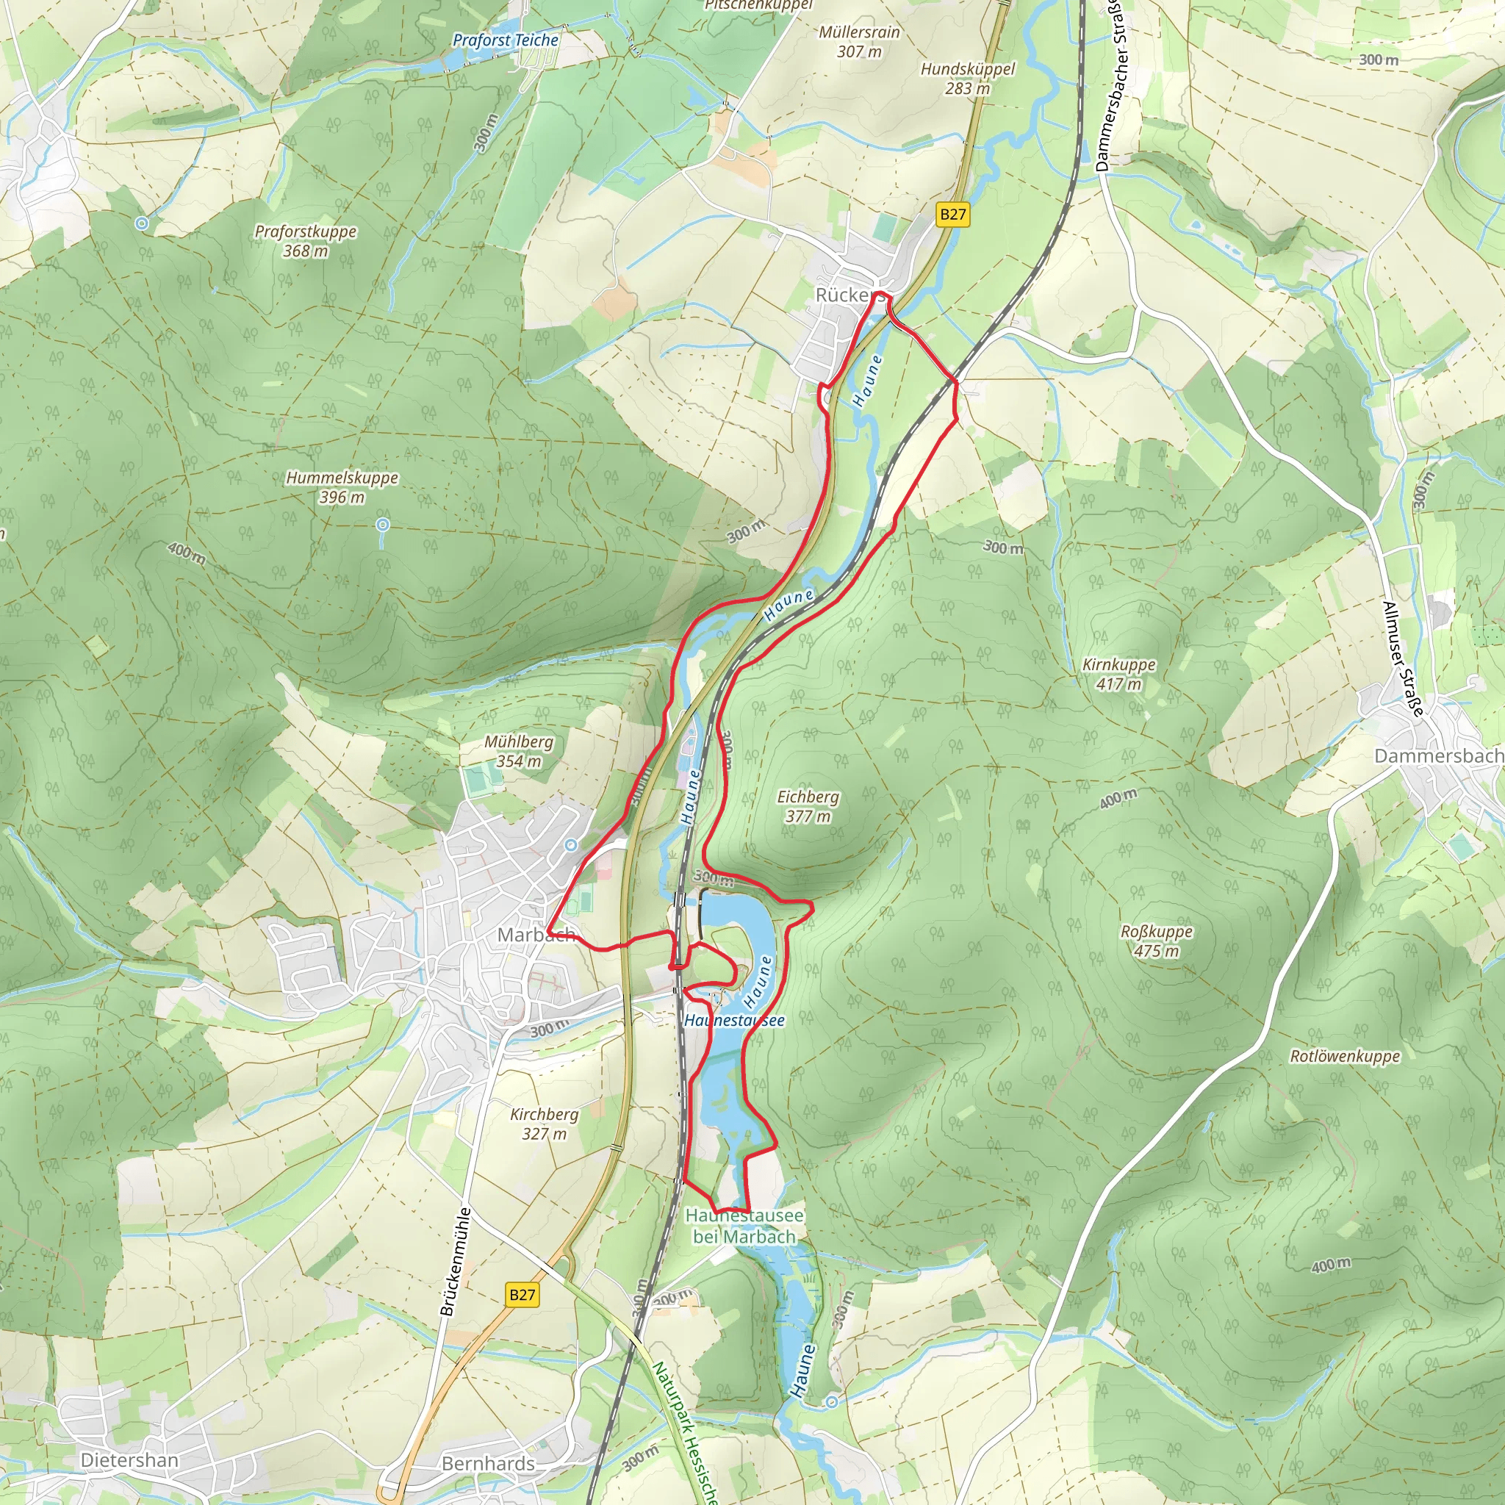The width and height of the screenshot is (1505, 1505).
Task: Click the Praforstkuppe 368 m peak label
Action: [x=306, y=241]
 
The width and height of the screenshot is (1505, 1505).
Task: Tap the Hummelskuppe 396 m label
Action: [x=342, y=487]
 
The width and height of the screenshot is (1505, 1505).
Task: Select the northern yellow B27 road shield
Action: [x=952, y=215]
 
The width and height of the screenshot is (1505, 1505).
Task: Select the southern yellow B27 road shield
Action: [x=522, y=1295]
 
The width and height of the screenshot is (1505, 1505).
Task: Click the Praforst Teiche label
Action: [x=506, y=40]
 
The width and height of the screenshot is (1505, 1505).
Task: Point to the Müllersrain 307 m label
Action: [x=859, y=41]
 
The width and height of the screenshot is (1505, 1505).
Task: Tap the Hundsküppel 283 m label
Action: [x=968, y=78]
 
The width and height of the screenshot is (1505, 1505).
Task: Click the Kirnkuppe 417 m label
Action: [x=1118, y=674]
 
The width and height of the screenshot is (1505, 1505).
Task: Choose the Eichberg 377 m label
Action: [x=808, y=806]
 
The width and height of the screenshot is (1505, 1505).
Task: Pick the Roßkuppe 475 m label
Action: [x=1156, y=941]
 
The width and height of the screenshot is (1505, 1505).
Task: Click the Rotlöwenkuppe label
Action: [x=1345, y=1056]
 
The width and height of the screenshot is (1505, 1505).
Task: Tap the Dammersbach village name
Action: [x=1438, y=755]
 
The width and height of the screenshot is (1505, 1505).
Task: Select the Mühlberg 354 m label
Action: [x=519, y=751]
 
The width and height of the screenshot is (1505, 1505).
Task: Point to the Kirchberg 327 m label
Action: [x=544, y=1124]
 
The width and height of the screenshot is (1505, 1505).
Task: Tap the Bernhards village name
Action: [x=488, y=1463]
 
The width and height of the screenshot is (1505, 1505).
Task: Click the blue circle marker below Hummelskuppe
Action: [x=382, y=525]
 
